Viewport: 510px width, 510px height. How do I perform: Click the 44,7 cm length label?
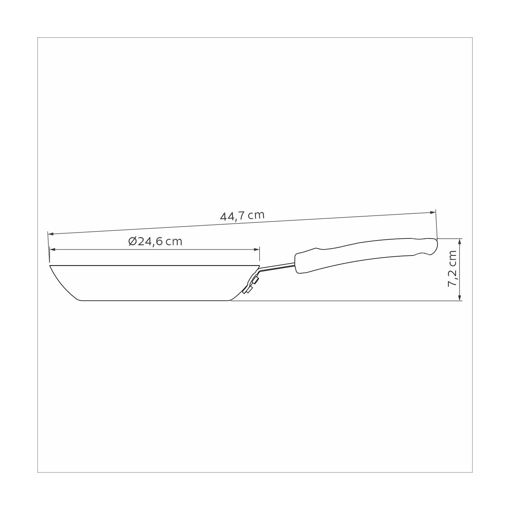[242, 216]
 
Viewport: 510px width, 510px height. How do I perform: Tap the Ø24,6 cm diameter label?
[156, 241]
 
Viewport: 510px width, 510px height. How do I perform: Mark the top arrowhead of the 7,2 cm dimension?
[460, 242]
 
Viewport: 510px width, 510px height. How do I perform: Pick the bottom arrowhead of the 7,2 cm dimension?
[460, 297]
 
